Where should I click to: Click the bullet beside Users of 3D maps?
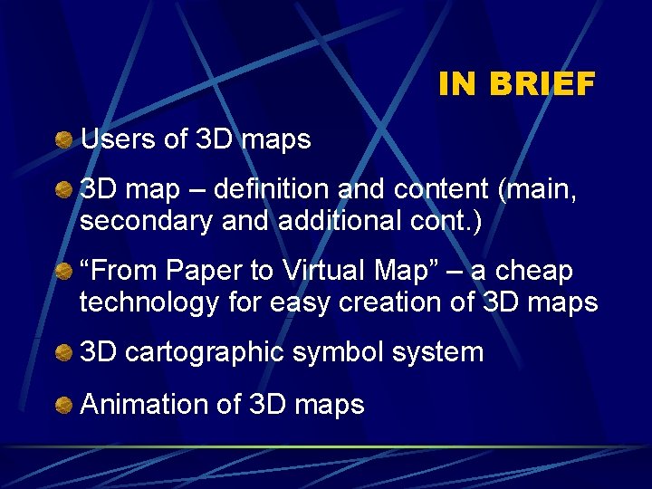(x=62, y=140)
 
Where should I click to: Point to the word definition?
(x=273, y=190)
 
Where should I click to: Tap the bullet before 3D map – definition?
(x=62, y=191)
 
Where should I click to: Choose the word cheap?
(x=534, y=272)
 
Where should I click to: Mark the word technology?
(x=149, y=302)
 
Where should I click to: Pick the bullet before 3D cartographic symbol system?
(x=62, y=353)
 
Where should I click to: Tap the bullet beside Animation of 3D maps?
(x=62, y=404)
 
